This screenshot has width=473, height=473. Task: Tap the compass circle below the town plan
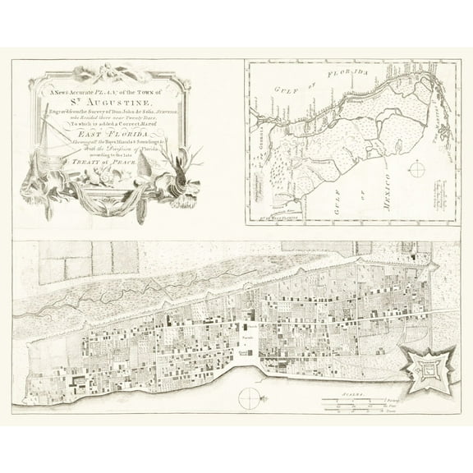click(250, 399)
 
